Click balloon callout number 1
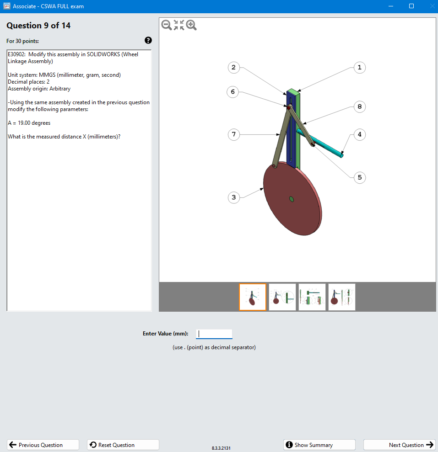tap(359, 68)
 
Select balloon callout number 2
tap(233, 68)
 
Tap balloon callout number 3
tap(233, 197)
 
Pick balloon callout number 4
tap(359, 134)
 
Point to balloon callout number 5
tap(359, 177)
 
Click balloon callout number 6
tap(233, 92)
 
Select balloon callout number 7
tap(233, 134)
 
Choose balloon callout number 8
tap(359, 106)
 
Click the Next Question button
tap(399, 445)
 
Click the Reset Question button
tap(123, 445)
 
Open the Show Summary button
tap(319, 445)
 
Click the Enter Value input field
tap(214, 334)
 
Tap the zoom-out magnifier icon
tap(167, 25)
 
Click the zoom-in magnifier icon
tap(191, 25)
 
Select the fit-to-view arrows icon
tap(179, 25)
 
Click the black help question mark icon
tap(148, 40)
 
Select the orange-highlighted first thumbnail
tap(252, 297)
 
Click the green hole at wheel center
tap(291, 199)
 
